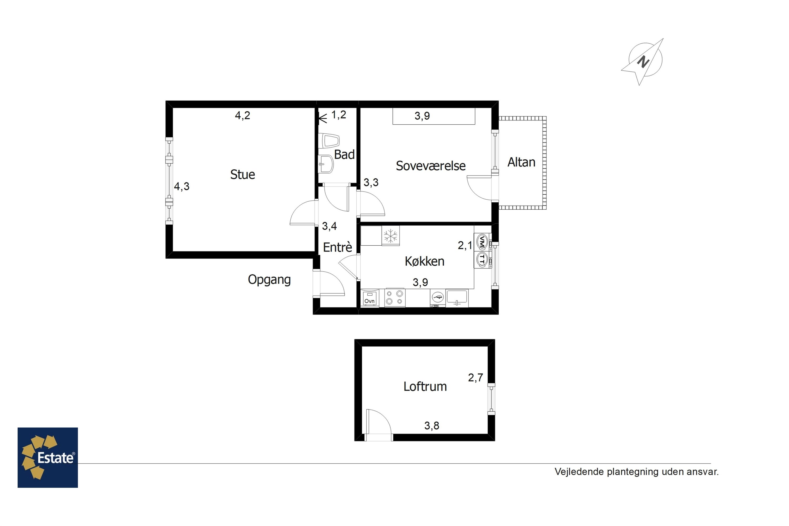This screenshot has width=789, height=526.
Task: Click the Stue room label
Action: point(242,174)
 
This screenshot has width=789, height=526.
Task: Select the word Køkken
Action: point(424,261)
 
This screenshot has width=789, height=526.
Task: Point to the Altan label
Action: point(521,162)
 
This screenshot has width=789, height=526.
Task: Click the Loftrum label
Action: point(425,386)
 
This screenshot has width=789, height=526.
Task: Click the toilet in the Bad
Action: point(330,141)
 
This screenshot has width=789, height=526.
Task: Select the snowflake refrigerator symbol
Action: point(391,236)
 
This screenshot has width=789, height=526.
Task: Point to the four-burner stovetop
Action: point(395,297)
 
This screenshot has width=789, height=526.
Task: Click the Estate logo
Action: point(48,457)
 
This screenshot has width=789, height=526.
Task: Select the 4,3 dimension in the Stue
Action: point(181,186)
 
